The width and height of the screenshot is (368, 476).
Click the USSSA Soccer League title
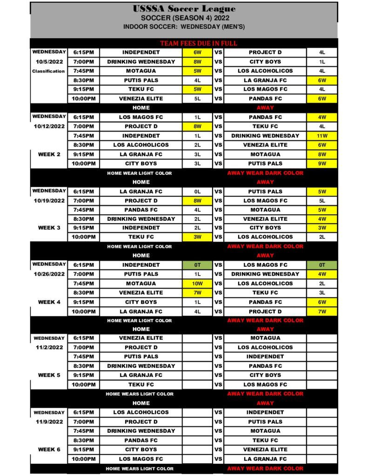184,9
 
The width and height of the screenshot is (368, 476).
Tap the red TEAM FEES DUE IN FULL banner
199,43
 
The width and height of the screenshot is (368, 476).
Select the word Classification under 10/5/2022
48,71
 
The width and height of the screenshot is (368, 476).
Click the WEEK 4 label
49,302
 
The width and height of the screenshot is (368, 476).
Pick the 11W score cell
322,136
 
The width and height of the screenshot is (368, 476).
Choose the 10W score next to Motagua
198,284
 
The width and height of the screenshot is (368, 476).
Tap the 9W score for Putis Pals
322,164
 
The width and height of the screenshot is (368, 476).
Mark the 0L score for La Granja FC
198,192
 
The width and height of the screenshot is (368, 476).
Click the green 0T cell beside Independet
198,265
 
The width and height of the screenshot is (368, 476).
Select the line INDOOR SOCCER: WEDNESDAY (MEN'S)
184,27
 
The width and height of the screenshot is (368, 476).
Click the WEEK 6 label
49,450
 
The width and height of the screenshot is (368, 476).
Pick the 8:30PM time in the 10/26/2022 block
84,293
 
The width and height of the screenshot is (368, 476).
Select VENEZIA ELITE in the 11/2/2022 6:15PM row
141,338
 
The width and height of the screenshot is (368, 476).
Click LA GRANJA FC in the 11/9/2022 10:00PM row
265,459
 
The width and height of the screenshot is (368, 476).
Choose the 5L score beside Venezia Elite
198,99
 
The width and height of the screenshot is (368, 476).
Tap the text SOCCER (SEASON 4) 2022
184,18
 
